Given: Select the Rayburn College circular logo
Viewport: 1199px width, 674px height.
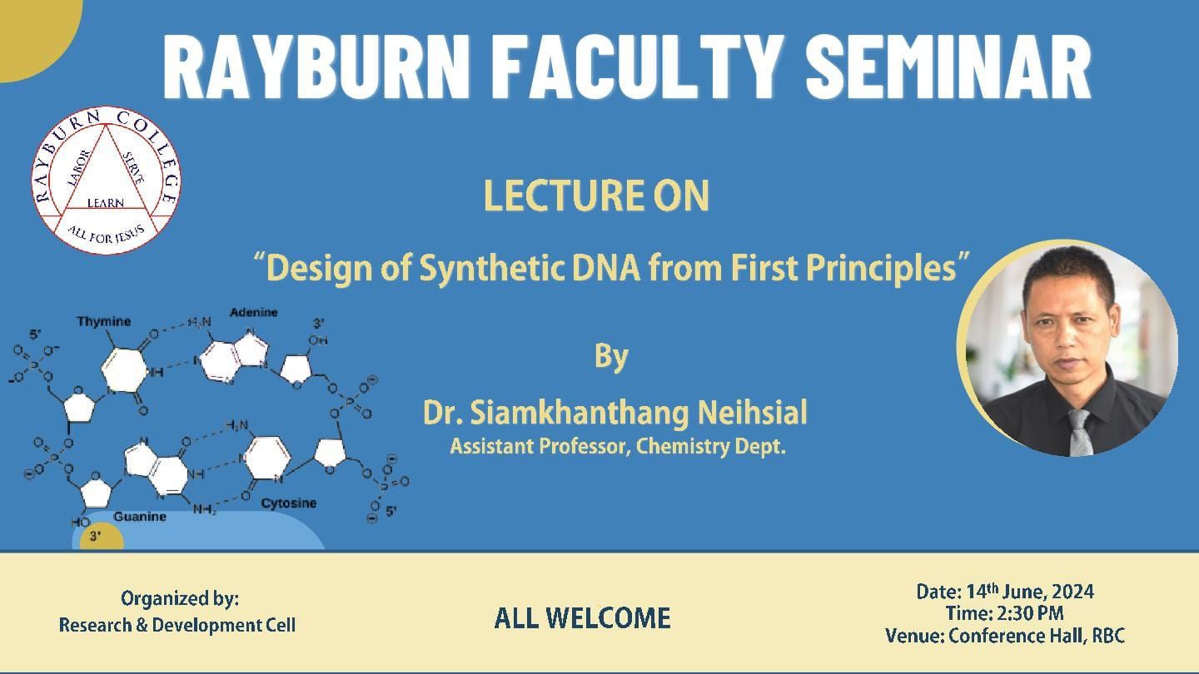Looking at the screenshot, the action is [x=106, y=180].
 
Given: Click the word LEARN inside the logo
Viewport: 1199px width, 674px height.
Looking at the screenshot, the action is [x=106, y=203].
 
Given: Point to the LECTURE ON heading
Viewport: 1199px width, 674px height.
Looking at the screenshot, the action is [x=596, y=196].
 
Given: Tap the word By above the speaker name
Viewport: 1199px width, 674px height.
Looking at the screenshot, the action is [x=611, y=357].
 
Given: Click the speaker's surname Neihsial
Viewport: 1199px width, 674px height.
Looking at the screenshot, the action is [x=753, y=413].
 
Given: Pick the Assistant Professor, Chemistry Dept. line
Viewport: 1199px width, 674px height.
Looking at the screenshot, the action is [x=618, y=446].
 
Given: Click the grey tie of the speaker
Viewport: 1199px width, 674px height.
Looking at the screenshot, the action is [x=1080, y=432].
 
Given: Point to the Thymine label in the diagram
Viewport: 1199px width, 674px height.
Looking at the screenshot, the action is [x=103, y=321].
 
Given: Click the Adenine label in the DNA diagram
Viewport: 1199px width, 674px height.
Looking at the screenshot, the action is [x=254, y=312].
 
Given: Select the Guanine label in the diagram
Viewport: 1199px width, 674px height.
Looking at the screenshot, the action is [x=140, y=517].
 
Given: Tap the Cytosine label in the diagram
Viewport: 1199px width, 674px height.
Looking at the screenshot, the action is [x=288, y=503].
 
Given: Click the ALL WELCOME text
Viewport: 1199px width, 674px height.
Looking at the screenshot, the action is [x=582, y=618].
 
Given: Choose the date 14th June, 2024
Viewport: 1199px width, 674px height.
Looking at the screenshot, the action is [x=1030, y=592].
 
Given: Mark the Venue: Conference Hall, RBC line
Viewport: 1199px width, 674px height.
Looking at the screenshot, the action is [x=1005, y=636].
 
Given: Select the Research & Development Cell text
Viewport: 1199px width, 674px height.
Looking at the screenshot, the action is [x=177, y=625].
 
